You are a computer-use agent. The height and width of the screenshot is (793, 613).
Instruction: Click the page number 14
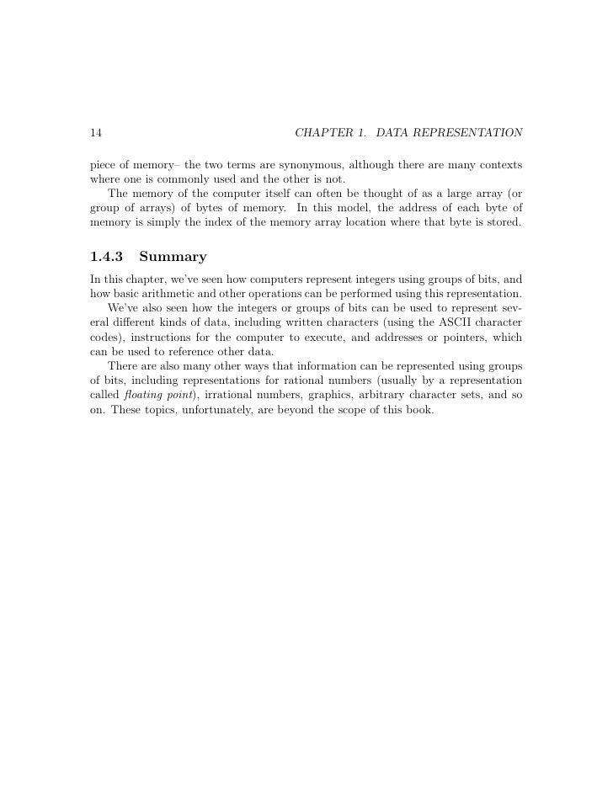coord(95,133)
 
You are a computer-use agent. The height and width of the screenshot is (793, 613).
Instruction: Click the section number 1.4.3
coord(107,255)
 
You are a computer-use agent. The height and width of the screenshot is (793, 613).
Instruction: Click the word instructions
coord(162,338)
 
